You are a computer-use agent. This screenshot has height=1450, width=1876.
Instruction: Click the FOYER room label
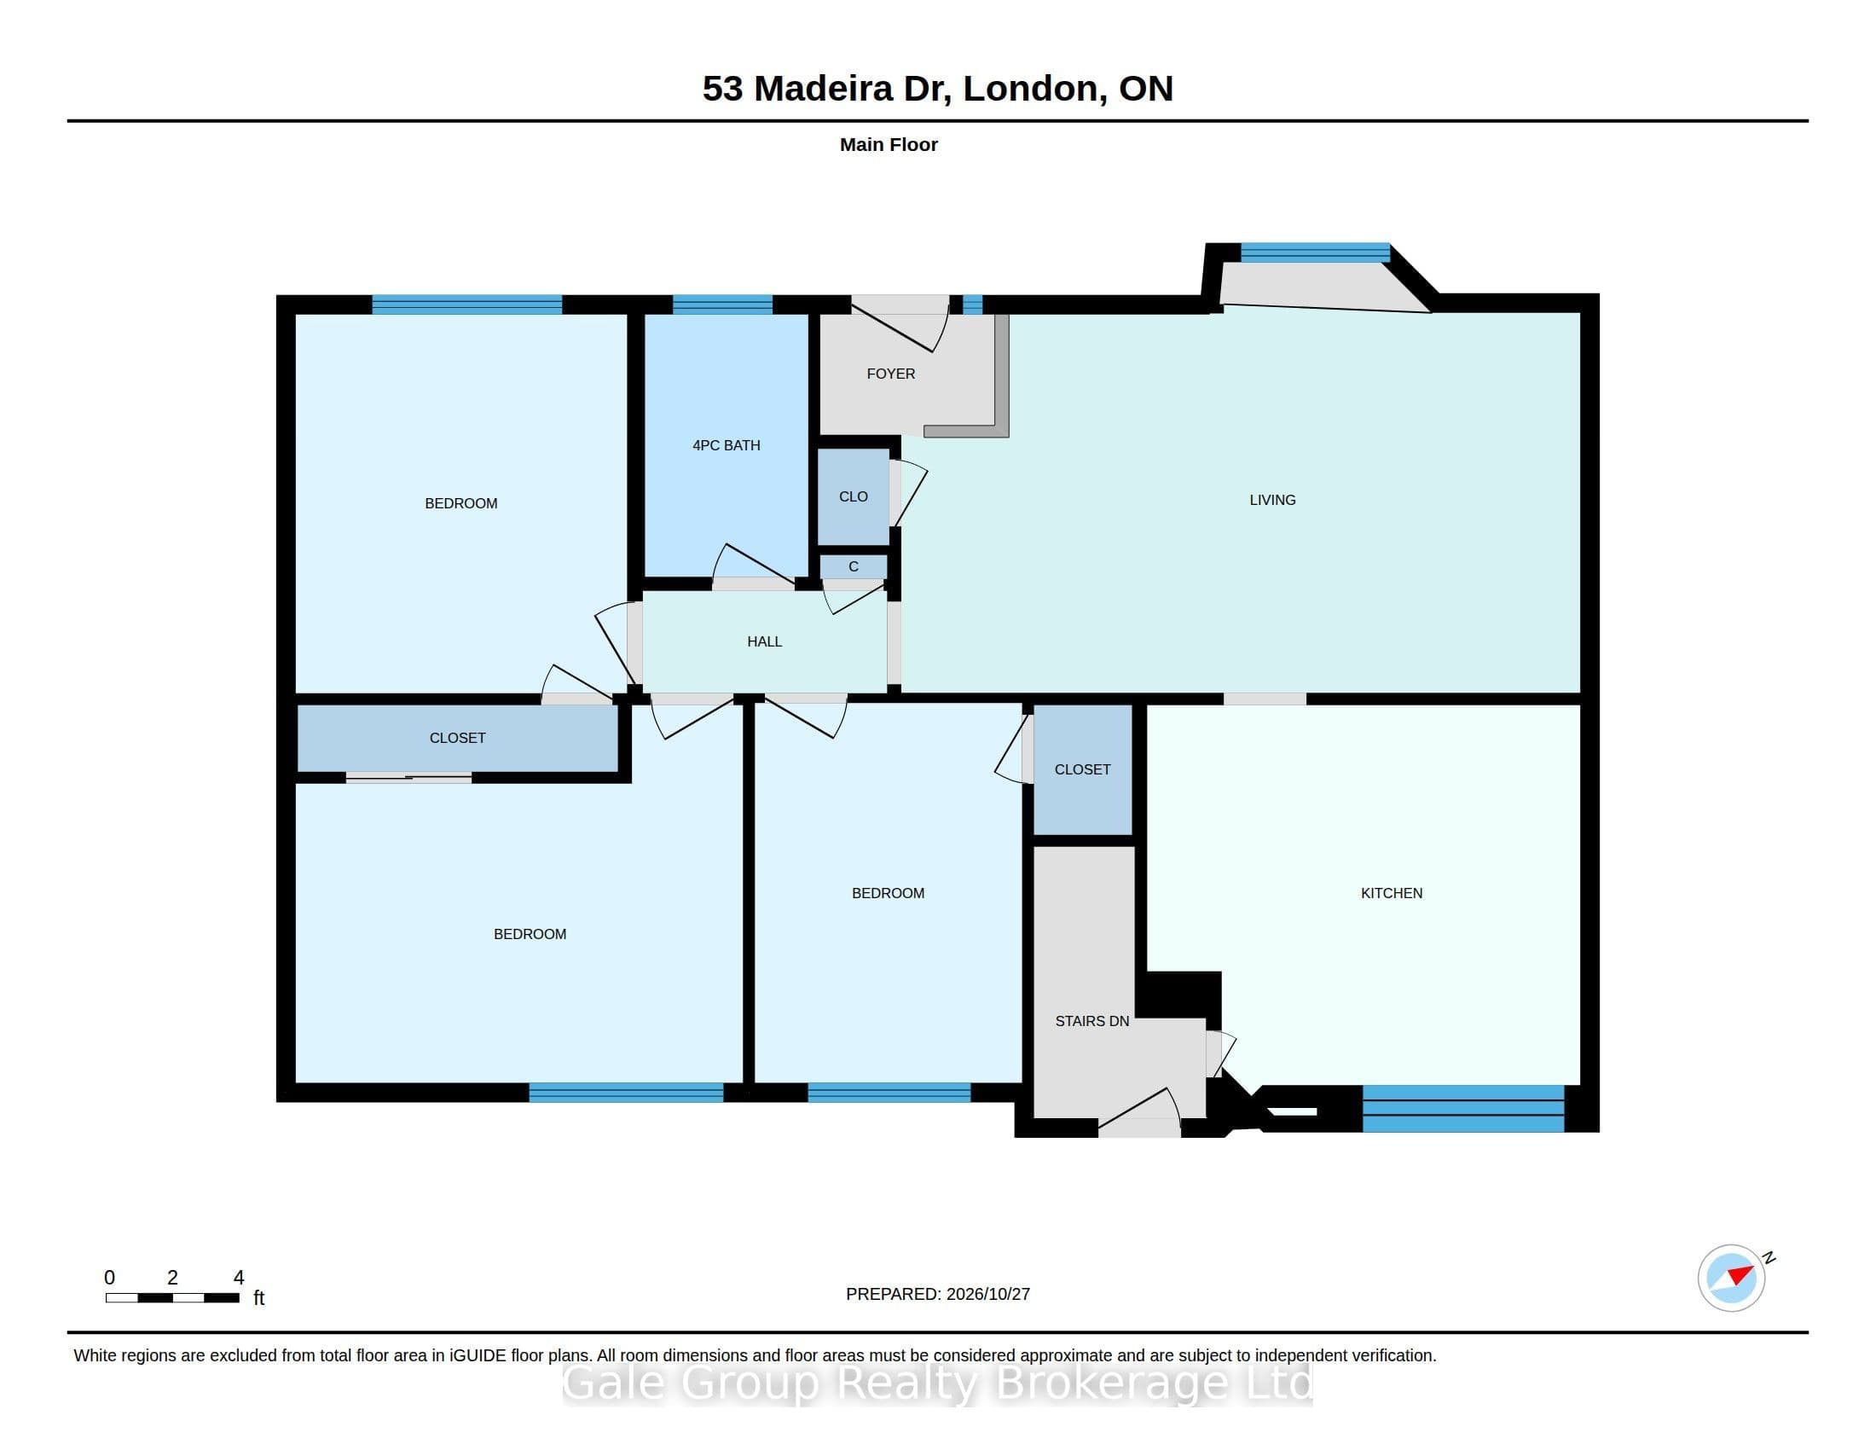[x=891, y=374]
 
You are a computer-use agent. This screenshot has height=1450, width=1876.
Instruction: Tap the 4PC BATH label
[x=726, y=445]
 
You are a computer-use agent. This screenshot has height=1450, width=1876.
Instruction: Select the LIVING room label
[x=1272, y=500]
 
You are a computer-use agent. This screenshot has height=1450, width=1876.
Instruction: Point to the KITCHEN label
[x=1392, y=893]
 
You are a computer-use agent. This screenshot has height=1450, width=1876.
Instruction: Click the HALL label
[x=765, y=641]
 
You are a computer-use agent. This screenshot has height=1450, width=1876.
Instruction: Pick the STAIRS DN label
[x=1091, y=1021]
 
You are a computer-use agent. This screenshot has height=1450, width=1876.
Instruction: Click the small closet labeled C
[x=853, y=567]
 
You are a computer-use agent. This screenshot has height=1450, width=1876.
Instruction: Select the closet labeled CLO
[x=853, y=496]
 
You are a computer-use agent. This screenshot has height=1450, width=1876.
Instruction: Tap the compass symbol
[x=1732, y=1279]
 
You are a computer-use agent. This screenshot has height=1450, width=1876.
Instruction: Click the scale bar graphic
[x=172, y=1298]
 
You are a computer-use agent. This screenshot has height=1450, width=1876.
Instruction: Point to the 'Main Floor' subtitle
[x=889, y=144]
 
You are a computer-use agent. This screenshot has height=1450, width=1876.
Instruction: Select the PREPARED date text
[x=938, y=1294]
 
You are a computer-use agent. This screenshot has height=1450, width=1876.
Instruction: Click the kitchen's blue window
[x=1462, y=1109]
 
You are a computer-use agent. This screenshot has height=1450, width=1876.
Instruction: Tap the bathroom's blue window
[x=722, y=304]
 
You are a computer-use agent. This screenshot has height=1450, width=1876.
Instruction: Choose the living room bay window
[x=1315, y=252]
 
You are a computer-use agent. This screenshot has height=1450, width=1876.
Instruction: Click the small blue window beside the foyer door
[x=972, y=304]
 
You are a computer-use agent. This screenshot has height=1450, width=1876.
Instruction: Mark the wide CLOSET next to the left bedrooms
[x=458, y=738]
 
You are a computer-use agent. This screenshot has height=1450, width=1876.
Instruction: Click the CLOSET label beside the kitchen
[x=1082, y=769]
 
